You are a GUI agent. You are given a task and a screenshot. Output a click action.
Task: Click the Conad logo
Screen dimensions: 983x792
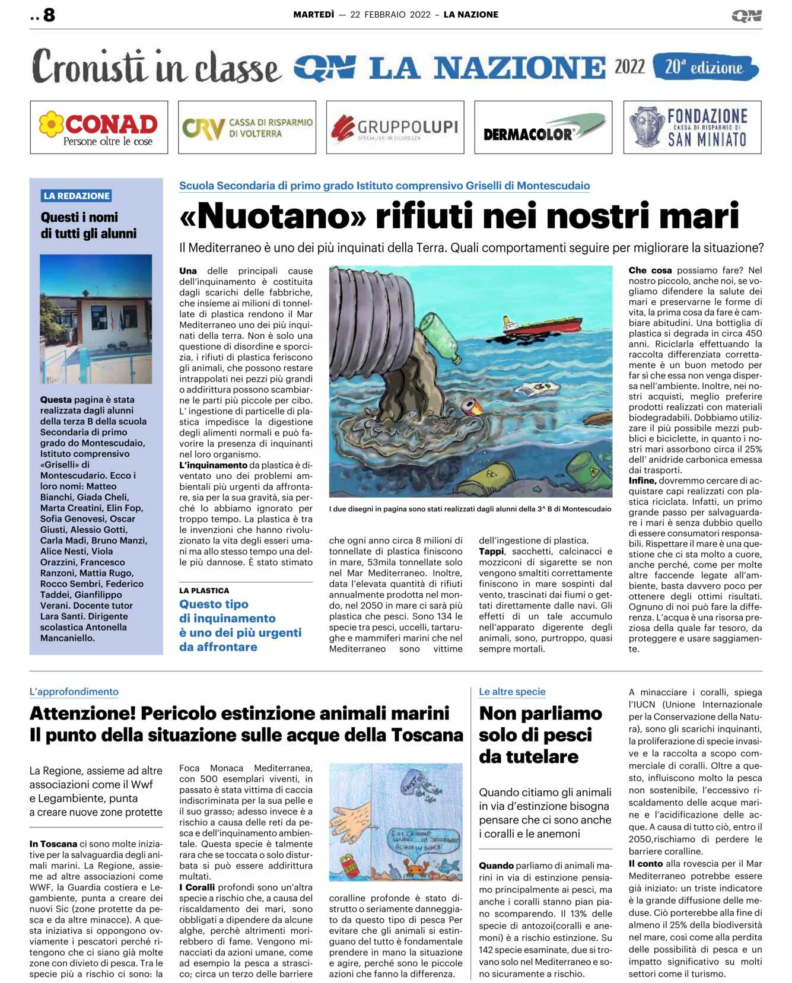(x=98, y=128)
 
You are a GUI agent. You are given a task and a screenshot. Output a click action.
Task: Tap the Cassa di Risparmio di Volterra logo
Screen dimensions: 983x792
(x=247, y=128)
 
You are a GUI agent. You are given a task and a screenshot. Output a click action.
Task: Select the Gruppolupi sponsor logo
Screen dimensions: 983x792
(x=395, y=128)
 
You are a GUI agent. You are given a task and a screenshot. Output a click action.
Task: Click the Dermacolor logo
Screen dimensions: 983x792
(x=543, y=128)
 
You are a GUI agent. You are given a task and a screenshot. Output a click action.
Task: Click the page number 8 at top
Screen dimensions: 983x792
(x=49, y=15)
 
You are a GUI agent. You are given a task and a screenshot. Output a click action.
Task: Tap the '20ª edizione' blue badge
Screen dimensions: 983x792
(x=704, y=67)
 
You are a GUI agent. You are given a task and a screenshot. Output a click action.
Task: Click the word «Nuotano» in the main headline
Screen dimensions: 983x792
(x=273, y=216)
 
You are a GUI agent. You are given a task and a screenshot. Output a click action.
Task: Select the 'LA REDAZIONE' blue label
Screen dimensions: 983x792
(x=77, y=196)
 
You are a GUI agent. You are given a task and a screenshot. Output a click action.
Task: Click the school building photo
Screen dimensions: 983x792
(x=96, y=319)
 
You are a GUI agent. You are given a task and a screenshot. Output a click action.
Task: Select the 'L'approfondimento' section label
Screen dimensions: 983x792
(x=74, y=692)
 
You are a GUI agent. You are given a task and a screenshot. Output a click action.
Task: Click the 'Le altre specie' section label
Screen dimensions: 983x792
(x=512, y=692)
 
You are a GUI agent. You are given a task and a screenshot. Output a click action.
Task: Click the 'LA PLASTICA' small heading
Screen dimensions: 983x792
(x=204, y=591)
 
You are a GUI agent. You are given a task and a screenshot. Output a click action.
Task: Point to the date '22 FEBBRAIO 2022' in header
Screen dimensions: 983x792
(x=390, y=15)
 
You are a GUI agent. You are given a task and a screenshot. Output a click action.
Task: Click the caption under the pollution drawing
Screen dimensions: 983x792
(x=470, y=509)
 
